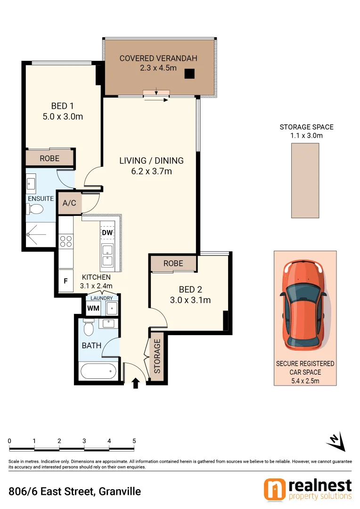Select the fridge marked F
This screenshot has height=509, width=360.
(66, 281)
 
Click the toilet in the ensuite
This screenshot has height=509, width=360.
(35, 209)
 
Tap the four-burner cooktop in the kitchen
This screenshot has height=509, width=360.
(65, 241)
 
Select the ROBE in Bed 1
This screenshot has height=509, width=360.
(49, 158)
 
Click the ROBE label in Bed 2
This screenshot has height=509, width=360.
(173, 263)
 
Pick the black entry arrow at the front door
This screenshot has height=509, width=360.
(136, 383)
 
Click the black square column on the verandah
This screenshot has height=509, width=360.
(189, 73)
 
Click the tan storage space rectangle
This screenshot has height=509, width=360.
(305, 180)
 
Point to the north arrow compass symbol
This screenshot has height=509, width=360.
(336, 441)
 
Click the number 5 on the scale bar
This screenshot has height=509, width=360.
(134, 441)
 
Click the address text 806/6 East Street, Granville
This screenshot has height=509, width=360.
(75, 492)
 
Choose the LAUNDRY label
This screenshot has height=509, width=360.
(102, 298)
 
